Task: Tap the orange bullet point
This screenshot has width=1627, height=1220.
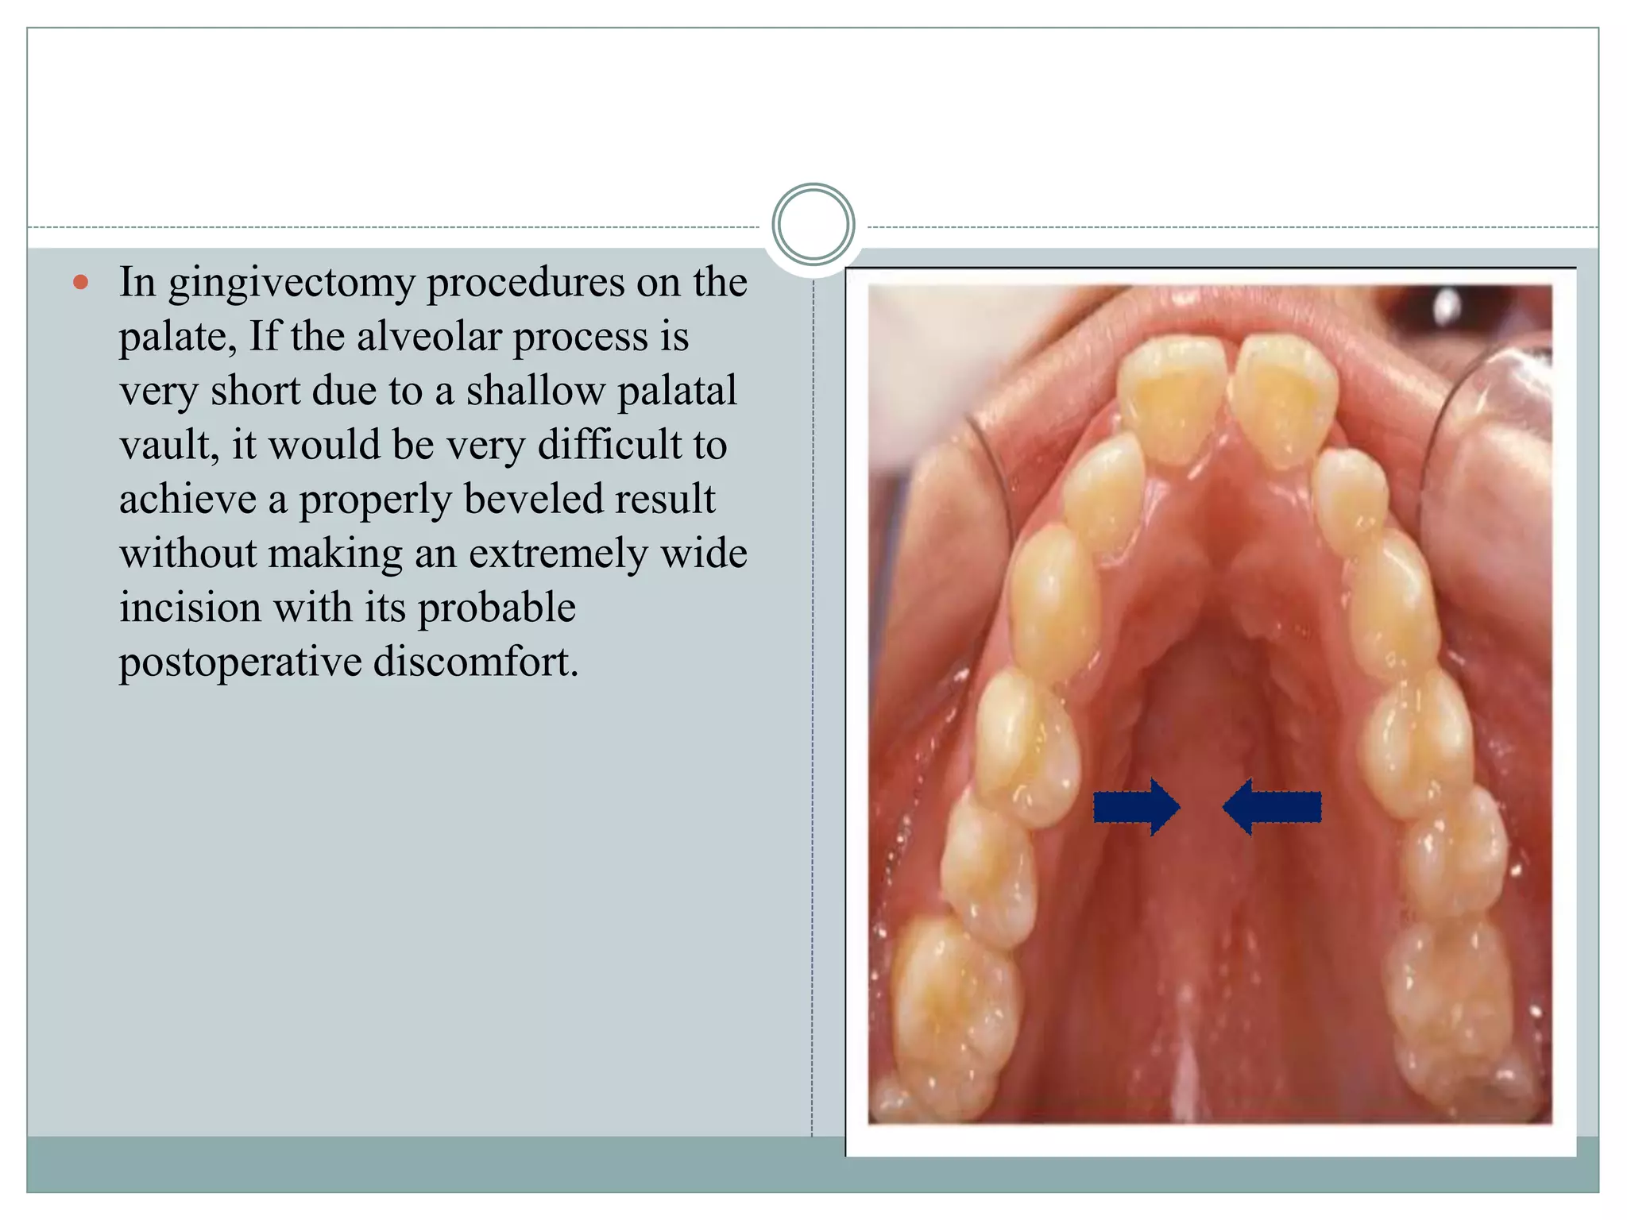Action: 80,282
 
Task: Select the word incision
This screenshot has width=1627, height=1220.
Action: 190,608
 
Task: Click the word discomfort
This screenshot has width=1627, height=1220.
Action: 476,662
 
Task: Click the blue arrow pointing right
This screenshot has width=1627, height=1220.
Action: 1136,807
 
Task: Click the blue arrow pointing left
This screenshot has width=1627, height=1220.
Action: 1272,807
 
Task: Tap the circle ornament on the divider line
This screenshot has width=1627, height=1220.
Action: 813,224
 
